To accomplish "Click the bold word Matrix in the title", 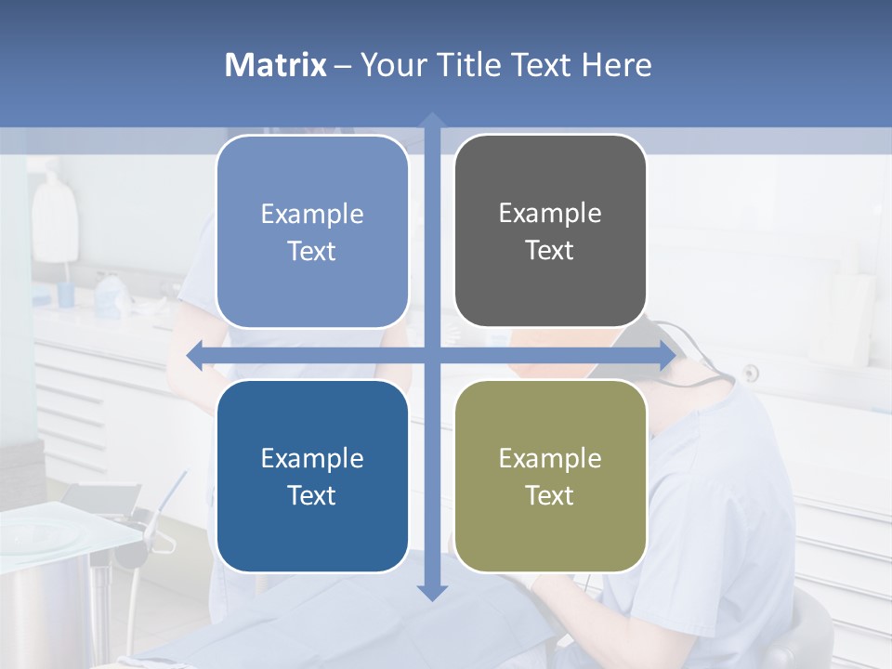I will pos(275,65).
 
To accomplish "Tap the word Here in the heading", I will pos(617,65).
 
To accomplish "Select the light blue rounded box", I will pos(312,232).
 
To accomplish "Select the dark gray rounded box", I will pos(550,231).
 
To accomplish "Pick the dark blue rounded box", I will pos(312,476).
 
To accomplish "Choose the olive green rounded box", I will pos(550,476).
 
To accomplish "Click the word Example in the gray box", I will pos(550,213).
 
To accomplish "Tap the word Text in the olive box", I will pos(550,495).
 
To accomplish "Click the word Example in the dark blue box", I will pos(312,458).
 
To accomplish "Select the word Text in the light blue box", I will pos(312,252).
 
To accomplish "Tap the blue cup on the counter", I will pos(66,295).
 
